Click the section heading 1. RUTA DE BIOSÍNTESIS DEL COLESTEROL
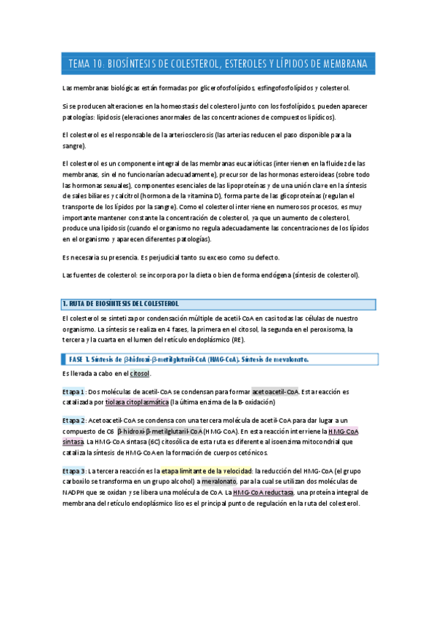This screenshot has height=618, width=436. coord(121,304)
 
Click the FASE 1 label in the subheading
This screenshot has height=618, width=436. coord(79,359)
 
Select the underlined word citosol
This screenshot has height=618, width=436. coord(140,374)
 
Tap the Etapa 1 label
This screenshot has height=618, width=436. coord(74,391)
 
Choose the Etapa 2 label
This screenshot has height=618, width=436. coord(74,421)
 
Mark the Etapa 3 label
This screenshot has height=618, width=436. coord(74,472)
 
